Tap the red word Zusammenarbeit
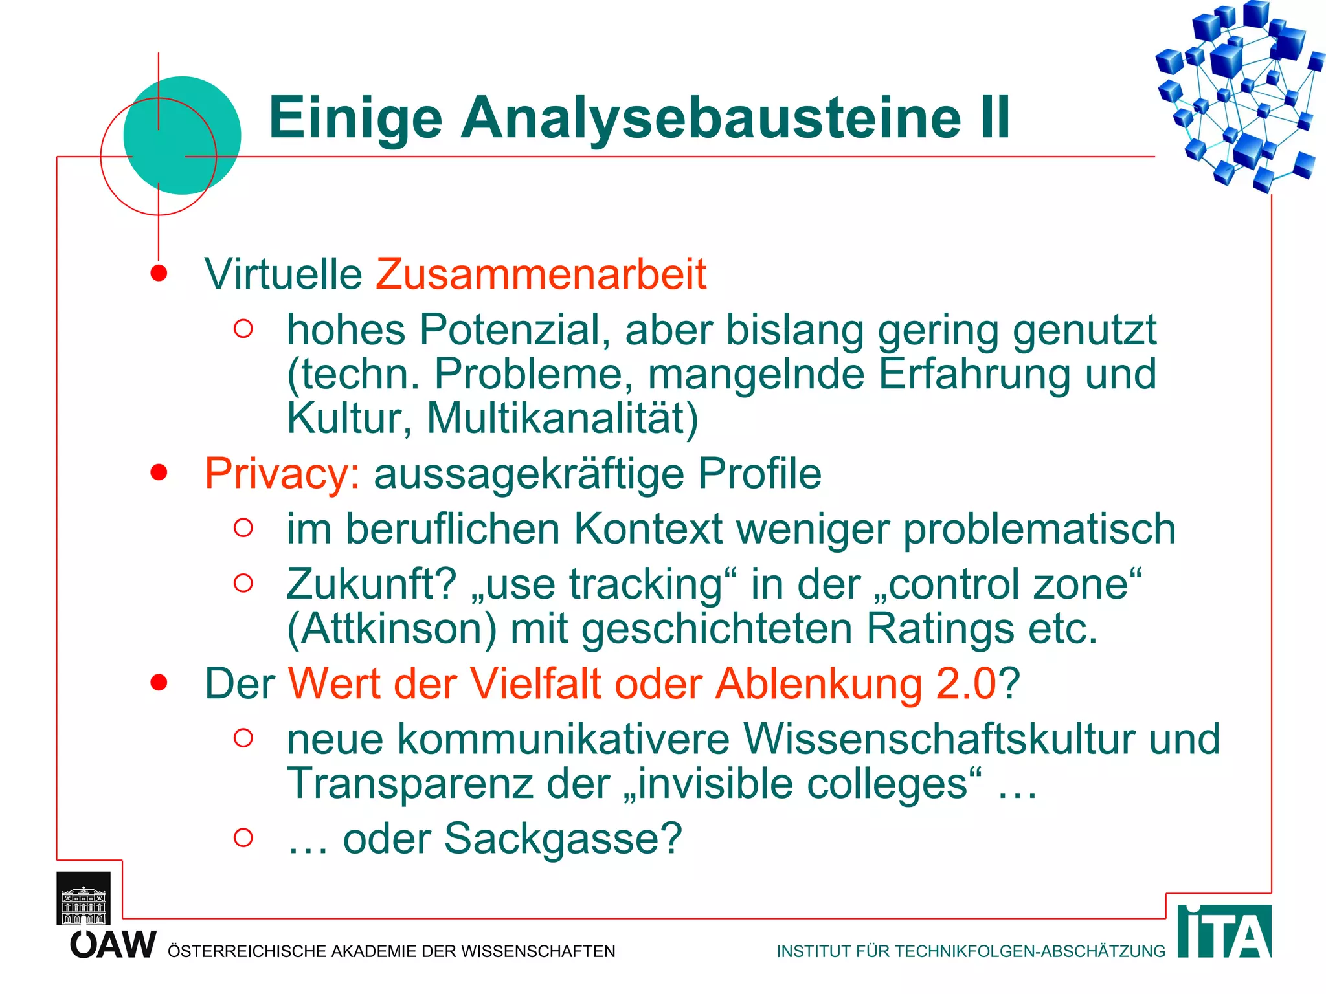click(541, 274)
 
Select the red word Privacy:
click(282, 474)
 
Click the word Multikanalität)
click(562, 419)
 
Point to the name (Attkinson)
click(392, 629)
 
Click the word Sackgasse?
click(563, 839)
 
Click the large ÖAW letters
click(113, 945)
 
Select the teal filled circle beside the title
click(182, 135)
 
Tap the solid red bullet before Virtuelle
click(159, 274)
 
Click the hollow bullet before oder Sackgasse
click(243, 837)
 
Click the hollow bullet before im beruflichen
click(243, 528)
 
